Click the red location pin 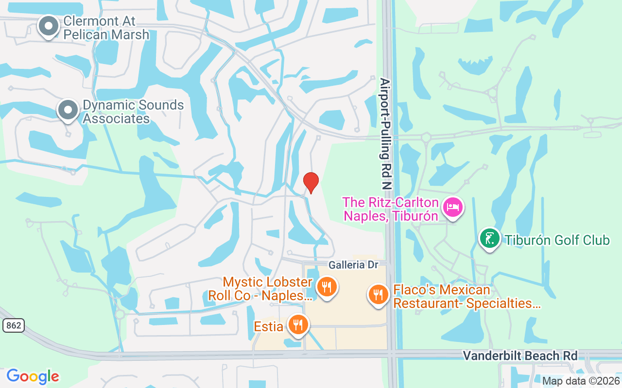click(x=311, y=182)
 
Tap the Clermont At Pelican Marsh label click(x=106, y=28)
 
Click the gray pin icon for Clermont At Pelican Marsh click(x=48, y=26)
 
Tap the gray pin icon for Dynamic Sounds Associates click(x=68, y=110)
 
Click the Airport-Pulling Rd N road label click(x=385, y=133)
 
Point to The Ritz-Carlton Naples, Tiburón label click(x=391, y=209)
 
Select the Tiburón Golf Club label click(x=557, y=240)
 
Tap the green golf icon click(x=490, y=239)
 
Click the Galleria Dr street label click(x=353, y=265)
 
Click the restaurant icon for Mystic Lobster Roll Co click(x=327, y=287)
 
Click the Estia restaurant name click(x=268, y=326)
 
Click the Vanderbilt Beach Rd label click(x=520, y=356)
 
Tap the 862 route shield click(x=13, y=325)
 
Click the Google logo click(x=33, y=376)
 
